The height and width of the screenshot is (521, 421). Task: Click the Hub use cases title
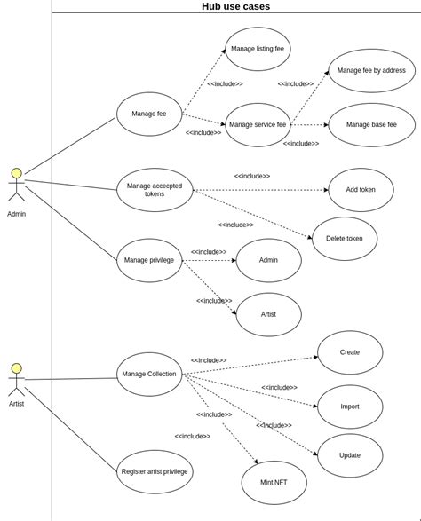pyautogui.click(x=235, y=6)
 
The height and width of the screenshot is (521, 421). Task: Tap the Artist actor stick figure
pyautogui.click(x=16, y=379)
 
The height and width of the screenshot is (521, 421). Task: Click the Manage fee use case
pyautogui.click(x=149, y=114)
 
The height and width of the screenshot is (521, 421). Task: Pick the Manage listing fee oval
pyautogui.click(x=258, y=49)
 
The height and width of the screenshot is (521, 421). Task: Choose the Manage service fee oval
pyautogui.click(x=258, y=125)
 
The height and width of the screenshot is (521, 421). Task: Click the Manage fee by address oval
pyautogui.click(x=371, y=71)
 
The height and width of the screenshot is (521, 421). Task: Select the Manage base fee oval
pyautogui.click(x=371, y=125)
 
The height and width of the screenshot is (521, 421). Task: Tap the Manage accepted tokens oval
pyautogui.click(x=155, y=190)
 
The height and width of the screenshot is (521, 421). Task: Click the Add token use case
pyautogui.click(x=361, y=190)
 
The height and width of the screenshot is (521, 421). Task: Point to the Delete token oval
pyautogui.click(x=345, y=239)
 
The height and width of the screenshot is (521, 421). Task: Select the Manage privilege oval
pyautogui.click(x=149, y=260)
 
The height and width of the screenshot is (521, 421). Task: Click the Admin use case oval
pyautogui.click(x=268, y=260)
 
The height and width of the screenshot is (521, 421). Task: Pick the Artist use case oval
pyautogui.click(x=268, y=314)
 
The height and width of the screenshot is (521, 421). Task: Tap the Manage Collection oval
pyautogui.click(x=149, y=375)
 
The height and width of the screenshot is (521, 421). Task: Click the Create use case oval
pyautogui.click(x=350, y=352)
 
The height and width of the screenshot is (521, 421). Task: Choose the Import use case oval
pyautogui.click(x=350, y=407)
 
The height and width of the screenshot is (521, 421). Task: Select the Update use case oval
pyautogui.click(x=350, y=455)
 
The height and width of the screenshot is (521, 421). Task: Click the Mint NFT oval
pyautogui.click(x=274, y=483)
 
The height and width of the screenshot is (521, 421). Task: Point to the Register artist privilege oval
pyautogui.click(x=155, y=472)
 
